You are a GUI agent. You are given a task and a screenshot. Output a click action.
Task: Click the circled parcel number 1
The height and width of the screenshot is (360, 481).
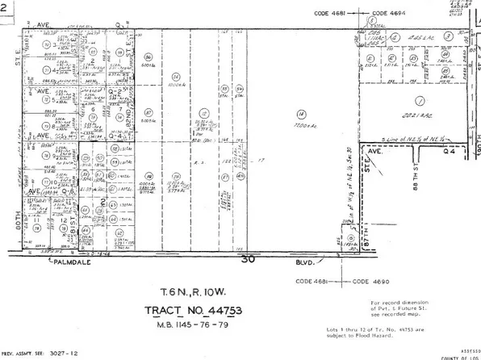419,101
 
